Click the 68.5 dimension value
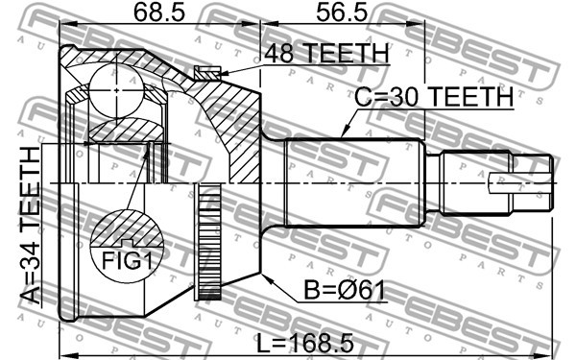click(x=158, y=12)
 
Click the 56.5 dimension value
click(x=342, y=12)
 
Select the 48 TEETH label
click(x=326, y=53)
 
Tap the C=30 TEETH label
click(x=434, y=97)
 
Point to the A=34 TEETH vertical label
click(x=30, y=226)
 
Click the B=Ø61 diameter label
click(x=345, y=291)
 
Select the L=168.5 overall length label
click(x=305, y=344)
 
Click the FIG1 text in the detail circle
click(x=127, y=261)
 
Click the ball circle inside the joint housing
click(x=116, y=90)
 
